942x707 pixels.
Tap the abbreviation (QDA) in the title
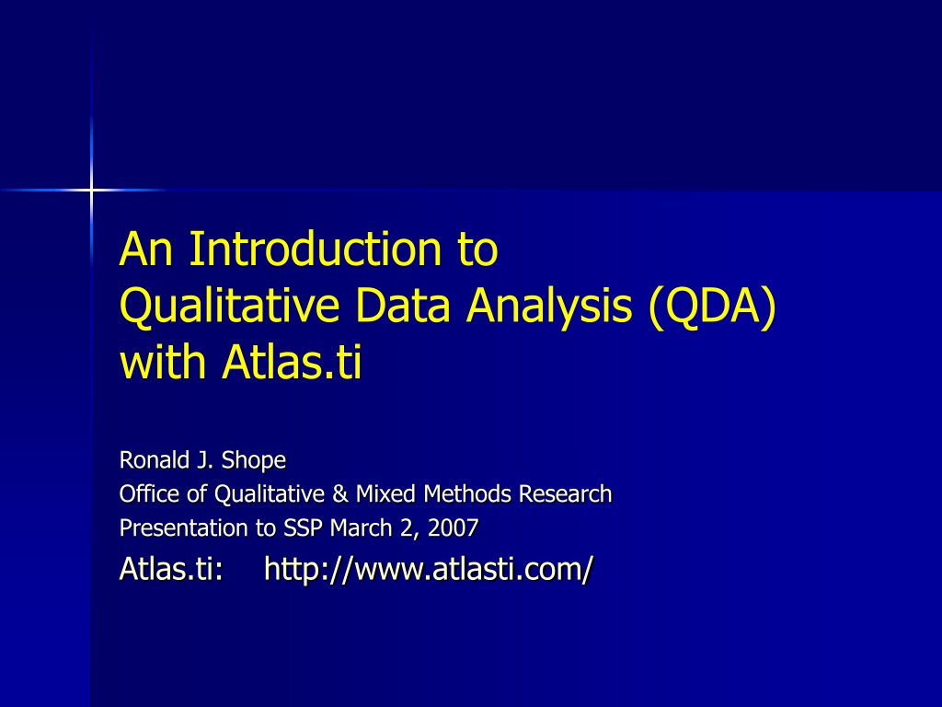click(713, 307)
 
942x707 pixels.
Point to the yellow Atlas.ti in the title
click(292, 362)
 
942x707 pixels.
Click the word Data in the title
click(403, 306)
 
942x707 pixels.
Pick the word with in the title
click(163, 362)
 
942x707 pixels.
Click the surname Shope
click(254, 460)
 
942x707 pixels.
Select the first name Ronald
click(155, 460)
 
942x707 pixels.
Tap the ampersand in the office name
click(339, 494)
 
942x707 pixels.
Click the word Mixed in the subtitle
click(385, 494)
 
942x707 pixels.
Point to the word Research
click(565, 494)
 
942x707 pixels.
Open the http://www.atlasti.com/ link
click(429, 569)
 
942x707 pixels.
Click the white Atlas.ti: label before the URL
click(171, 569)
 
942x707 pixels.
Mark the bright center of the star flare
click(91, 191)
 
